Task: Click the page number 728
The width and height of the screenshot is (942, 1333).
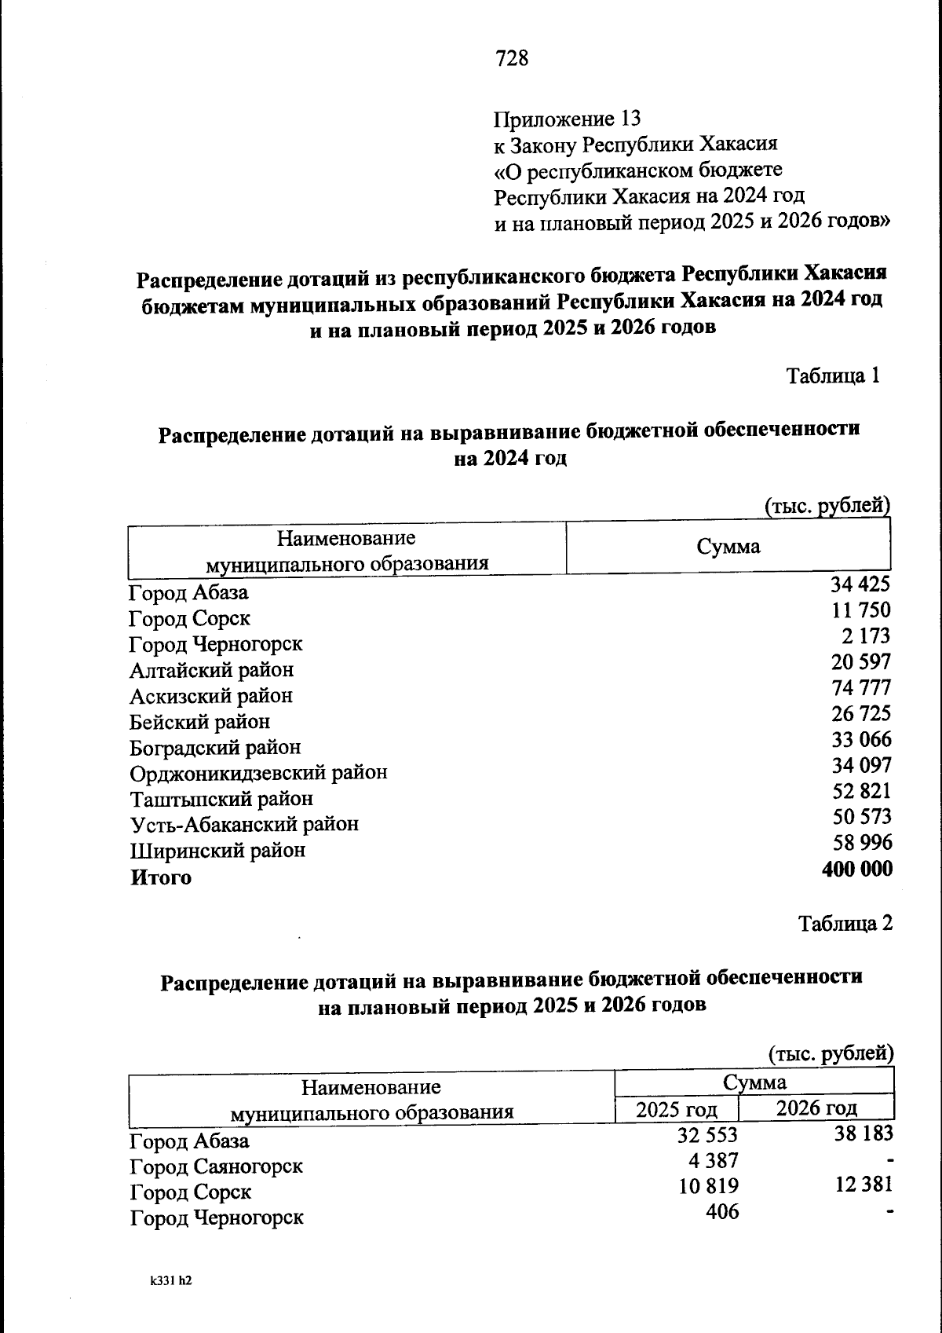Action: [x=512, y=58]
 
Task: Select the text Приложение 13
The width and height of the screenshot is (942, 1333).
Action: [x=567, y=119]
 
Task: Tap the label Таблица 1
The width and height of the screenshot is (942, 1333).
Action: [x=833, y=375]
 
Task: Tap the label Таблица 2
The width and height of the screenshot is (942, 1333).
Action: [x=845, y=923]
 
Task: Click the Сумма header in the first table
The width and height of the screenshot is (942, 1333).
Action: [x=728, y=547]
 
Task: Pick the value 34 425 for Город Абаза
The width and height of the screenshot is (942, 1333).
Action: [x=860, y=584]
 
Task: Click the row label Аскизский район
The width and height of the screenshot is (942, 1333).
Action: [x=211, y=696]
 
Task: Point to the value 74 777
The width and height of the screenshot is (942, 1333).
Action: [x=861, y=688]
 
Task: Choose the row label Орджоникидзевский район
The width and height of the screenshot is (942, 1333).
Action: [x=258, y=773]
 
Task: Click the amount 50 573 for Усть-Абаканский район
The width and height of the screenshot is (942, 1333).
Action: [x=861, y=817]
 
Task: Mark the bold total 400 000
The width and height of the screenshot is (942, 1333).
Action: [x=856, y=869]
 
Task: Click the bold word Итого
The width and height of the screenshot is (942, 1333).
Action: [x=161, y=877]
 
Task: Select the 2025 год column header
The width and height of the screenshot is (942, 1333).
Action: [x=676, y=1110]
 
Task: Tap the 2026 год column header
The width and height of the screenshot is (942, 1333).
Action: [x=816, y=1108]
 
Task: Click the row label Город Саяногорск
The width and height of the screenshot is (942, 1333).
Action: [x=217, y=1166]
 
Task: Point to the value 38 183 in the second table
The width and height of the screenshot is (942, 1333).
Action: [x=863, y=1133]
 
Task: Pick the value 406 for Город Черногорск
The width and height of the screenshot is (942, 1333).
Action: [x=722, y=1212]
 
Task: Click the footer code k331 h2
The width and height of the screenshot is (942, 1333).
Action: [x=170, y=1281]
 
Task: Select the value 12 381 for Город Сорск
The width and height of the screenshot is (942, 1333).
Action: [x=863, y=1185]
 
